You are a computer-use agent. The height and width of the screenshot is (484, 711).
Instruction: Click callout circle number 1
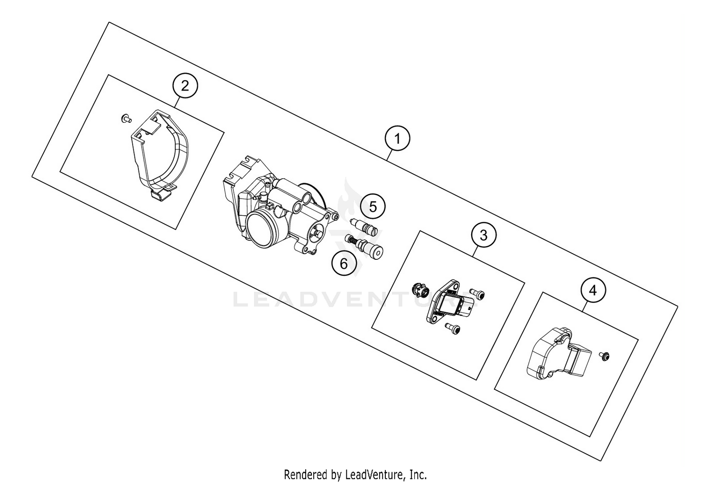coord(397,138)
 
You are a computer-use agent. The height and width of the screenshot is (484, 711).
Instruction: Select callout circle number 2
coord(185,86)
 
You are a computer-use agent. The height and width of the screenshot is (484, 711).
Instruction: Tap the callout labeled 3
coord(483,235)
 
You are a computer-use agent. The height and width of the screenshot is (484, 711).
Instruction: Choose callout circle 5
coord(373,207)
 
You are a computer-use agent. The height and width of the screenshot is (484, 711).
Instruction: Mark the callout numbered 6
coord(344,262)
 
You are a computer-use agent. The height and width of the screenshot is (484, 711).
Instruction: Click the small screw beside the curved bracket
coord(126,118)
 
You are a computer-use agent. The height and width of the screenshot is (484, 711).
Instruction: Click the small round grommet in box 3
coord(419,289)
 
